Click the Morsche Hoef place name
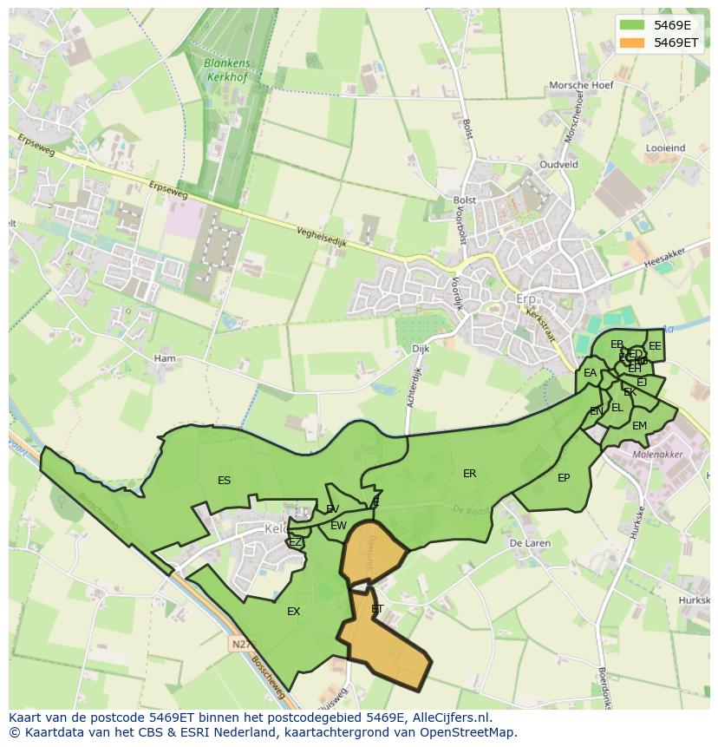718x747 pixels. coord(581,85)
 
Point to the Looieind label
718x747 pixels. coord(665,148)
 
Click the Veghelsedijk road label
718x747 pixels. coord(321,238)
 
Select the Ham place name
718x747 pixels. coord(164,358)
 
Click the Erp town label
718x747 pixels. coord(526,299)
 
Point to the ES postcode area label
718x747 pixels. coord(225,481)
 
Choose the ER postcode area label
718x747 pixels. coord(470,474)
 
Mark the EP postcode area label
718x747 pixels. coord(564,478)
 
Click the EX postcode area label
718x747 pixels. coord(294,612)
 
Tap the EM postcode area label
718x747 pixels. coord(639,426)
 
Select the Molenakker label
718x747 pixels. coord(658,454)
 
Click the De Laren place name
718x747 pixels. coord(530,543)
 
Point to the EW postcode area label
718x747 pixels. coord(338,526)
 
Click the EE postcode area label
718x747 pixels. coord(655,346)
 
